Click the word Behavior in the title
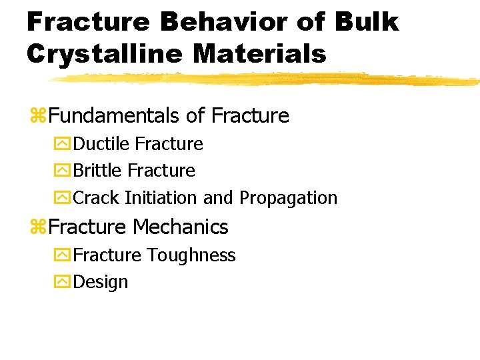point(225,23)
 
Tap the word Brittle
point(98,171)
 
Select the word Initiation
point(161,198)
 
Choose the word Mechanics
point(180,227)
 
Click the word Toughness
point(191,255)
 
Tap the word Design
point(100,283)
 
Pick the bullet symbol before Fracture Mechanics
point(37,227)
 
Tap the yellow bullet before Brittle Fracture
point(63,171)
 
